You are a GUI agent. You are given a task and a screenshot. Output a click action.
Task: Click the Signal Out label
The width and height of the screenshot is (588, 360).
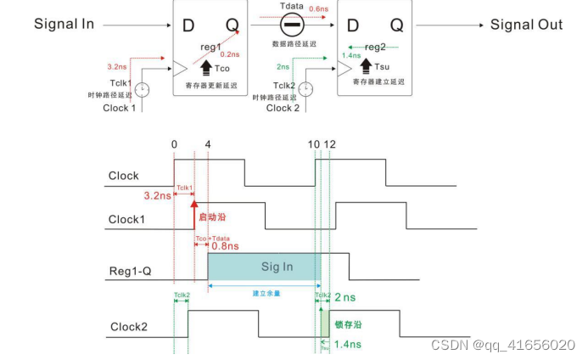pyautogui.click(x=526, y=25)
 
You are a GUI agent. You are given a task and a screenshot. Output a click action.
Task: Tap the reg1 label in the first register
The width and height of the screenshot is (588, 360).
pyautogui.click(x=211, y=47)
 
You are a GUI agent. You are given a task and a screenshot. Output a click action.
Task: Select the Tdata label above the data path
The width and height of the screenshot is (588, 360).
pyautogui.click(x=292, y=7)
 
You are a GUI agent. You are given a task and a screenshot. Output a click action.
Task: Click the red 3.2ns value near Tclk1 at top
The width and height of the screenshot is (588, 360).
pyautogui.click(x=118, y=65)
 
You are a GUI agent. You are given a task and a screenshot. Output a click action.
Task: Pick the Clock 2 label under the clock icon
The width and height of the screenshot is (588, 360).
pyautogui.click(x=282, y=108)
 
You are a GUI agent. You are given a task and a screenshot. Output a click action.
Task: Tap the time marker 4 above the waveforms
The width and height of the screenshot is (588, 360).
pyautogui.click(x=208, y=145)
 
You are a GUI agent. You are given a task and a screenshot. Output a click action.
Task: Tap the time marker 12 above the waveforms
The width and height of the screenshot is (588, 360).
pyautogui.click(x=329, y=145)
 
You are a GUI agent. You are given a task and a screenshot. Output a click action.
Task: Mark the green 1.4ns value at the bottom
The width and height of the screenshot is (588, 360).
pyautogui.click(x=347, y=345)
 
